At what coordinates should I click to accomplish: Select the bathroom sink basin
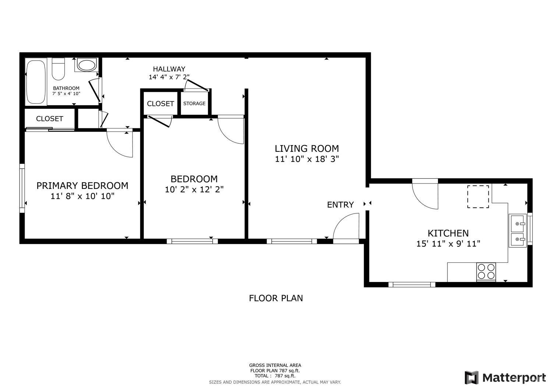coord(86,65)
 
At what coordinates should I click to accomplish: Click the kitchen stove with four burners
coord(486,272)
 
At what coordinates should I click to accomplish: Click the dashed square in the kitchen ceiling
coord(478,197)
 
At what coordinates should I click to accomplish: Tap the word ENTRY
coord(340,205)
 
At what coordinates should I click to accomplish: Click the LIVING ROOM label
coord(307,149)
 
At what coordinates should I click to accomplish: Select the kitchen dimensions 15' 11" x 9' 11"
coord(448,244)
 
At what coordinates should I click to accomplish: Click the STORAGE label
coord(194,104)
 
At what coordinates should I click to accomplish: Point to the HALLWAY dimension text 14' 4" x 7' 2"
coord(169,77)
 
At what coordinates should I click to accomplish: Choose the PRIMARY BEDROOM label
coord(82,186)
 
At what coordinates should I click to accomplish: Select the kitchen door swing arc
coord(424,195)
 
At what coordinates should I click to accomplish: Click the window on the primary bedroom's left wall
coord(22,188)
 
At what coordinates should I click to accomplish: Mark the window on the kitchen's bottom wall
coord(412,284)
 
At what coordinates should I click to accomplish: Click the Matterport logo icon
coord(471,378)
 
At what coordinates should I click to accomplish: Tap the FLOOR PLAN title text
coord(276,298)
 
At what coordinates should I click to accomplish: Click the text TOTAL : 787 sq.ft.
coord(275,376)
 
